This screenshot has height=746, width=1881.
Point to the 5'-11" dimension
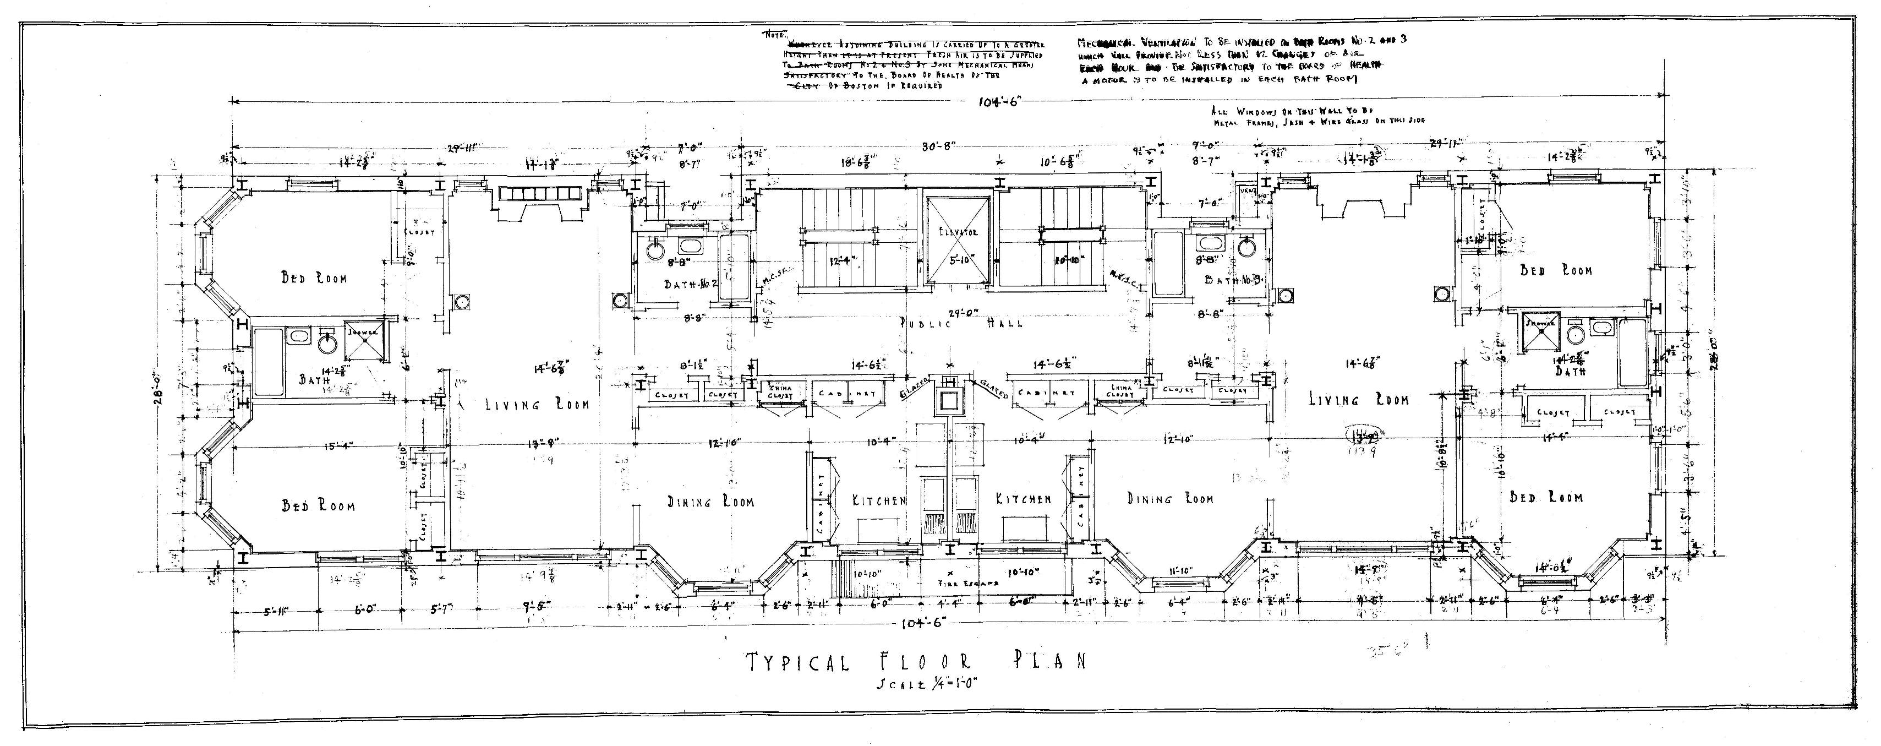[x=275, y=613]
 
